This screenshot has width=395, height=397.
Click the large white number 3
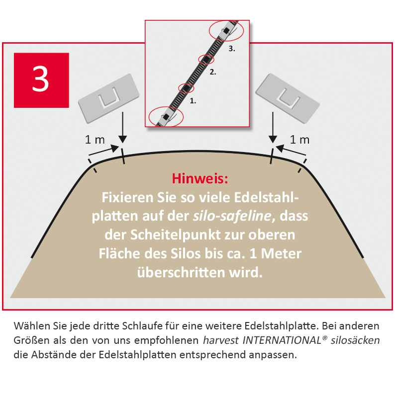[x=41, y=79]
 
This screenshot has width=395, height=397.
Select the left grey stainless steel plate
[x=109, y=98]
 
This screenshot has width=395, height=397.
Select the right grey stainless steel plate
[x=288, y=98]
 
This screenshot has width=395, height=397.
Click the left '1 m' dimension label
[x=95, y=140]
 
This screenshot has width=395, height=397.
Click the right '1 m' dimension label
[x=299, y=140]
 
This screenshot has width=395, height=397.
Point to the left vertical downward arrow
[x=123, y=128]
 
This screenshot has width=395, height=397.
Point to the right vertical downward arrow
[x=273, y=128]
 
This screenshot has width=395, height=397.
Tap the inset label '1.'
[x=193, y=101]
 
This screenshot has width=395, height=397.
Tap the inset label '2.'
[x=213, y=73]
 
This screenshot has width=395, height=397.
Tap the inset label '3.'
[x=232, y=49]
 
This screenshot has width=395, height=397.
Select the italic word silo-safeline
[x=232, y=216]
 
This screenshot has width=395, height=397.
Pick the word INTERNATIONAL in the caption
[x=282, y=340]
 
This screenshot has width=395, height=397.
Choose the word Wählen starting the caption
[x=32, y=326]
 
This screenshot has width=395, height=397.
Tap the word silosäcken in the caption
[x=355, y=340]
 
